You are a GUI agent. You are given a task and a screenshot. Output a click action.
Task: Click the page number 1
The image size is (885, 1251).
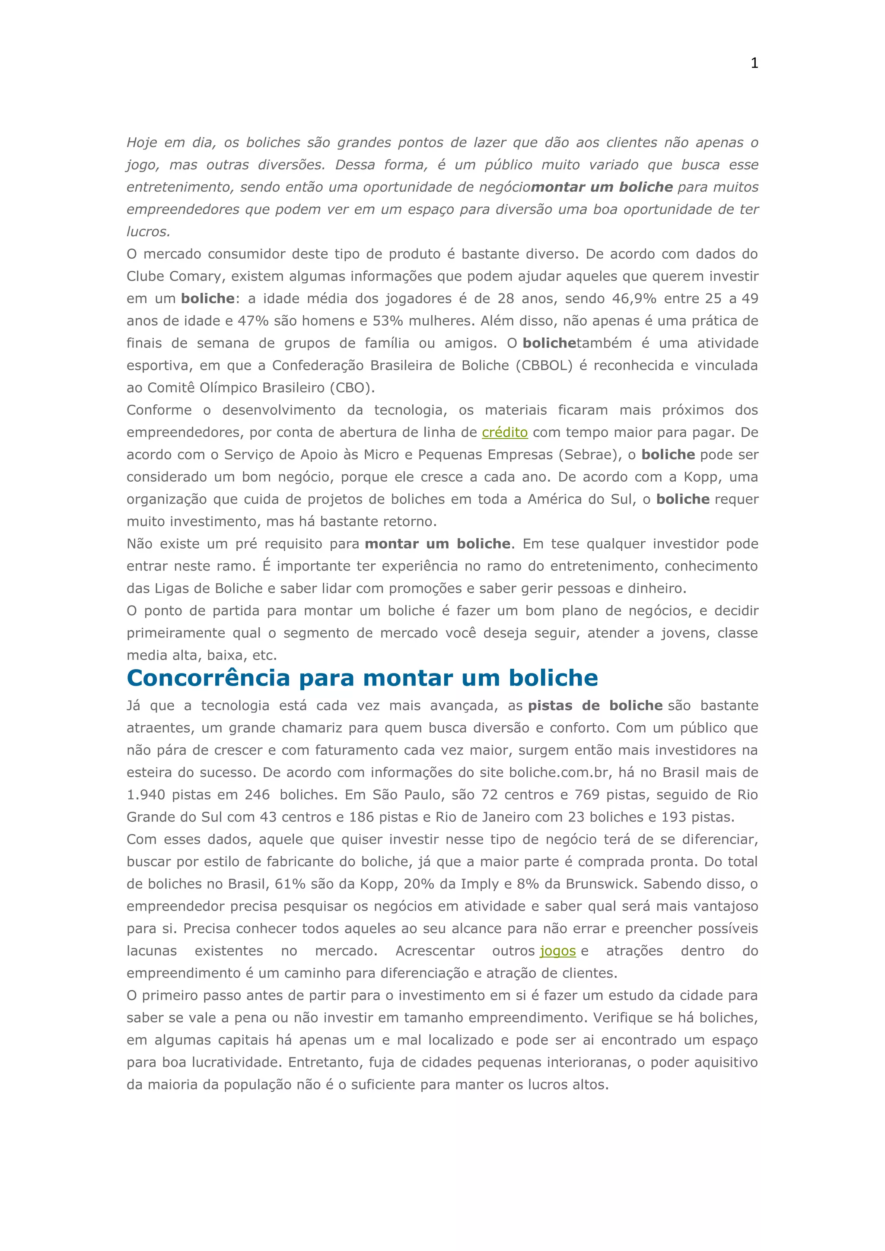pyautogui.click(x=754, y=63)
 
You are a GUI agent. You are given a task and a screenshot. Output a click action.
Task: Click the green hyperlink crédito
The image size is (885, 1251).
pyautogui.click(x=505, y=432)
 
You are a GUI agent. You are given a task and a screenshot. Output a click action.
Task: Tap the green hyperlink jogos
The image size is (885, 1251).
pyautogui.click(x=557, y=951)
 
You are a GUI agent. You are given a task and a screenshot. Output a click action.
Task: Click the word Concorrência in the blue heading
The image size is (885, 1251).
pyautogui.click(x=208, y=678)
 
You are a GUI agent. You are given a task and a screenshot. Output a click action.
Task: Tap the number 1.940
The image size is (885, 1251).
pyautogui.click(x=146, y=795)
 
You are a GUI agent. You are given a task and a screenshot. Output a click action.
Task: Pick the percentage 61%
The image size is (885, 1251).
pyautogui.click(x=290, y=884)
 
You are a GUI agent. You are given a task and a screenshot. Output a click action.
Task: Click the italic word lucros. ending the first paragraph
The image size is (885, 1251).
pyautogui.click(x=148, y=232)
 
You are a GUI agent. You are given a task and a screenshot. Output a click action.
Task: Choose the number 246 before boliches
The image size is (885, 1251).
pyautogui.click(x=257, y=795)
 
